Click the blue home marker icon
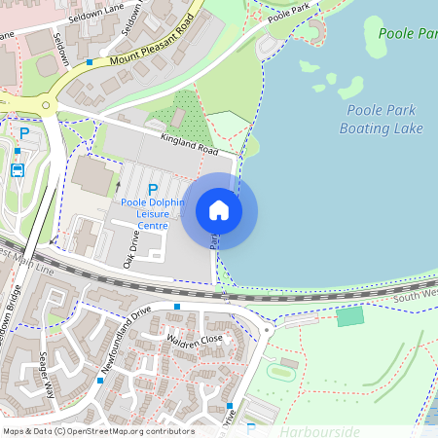(x=219, y=210)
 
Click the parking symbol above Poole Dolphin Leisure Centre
(x=152, y=189)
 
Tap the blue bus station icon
(x=18, y=169)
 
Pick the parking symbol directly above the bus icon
(x=24, y=132)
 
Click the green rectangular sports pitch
(x=349, y=316)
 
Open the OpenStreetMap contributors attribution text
(x=97, y=431)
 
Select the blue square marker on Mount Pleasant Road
(x=90, y=61)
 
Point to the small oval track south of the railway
(x=281, y=370)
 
